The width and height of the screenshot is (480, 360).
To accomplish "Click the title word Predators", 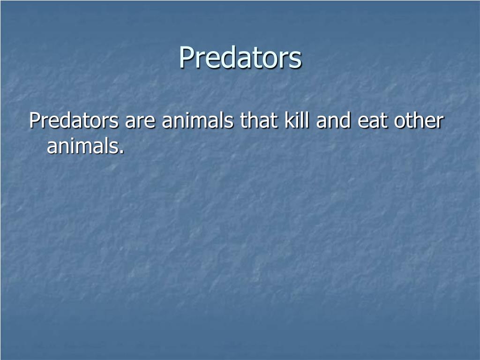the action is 240,57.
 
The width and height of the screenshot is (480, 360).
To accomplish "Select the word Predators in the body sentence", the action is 74,120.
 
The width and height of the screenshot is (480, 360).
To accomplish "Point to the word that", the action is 259,120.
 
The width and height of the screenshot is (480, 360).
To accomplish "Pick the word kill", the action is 297,120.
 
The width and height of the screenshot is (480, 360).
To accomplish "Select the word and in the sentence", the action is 333,120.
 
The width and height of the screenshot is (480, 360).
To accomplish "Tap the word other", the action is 419,120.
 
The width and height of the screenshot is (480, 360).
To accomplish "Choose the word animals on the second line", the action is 82,145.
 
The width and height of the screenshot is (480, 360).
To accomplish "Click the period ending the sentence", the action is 122,151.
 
